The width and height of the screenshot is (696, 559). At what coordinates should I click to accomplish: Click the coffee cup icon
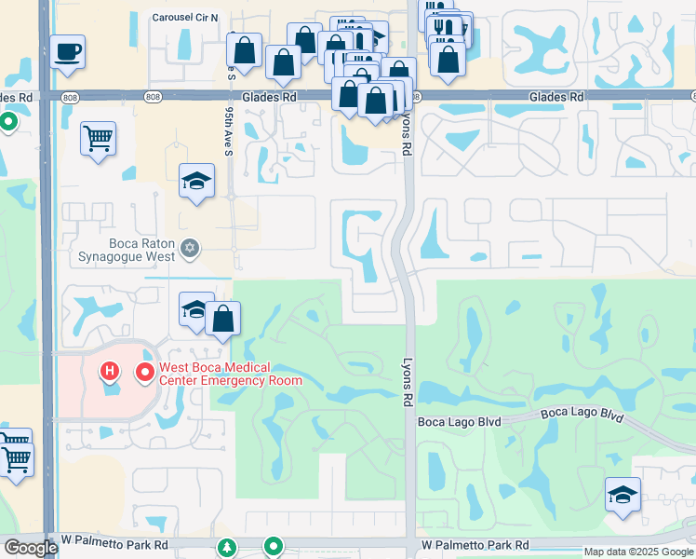(67, 51)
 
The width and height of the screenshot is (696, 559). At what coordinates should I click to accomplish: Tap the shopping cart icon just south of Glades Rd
(98, 139)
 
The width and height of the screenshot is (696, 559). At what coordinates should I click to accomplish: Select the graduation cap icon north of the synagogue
(196, 181)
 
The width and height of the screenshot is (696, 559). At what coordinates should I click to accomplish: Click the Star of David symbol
(190, 248)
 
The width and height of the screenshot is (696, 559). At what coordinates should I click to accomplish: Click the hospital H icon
(110, 374)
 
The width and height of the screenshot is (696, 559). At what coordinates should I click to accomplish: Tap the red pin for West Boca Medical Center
(145, 374)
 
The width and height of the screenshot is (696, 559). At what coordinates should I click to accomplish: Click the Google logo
(30, 548)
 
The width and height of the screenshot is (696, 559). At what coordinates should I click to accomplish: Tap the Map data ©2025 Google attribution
(638, 552)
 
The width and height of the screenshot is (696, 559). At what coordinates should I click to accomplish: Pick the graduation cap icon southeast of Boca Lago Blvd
(622, 494)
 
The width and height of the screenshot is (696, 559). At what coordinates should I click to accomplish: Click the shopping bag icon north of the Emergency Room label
(223, 319)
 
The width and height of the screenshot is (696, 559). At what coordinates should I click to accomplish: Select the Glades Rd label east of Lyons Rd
(556, 97)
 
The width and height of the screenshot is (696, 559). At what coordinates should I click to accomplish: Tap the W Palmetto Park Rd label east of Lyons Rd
(475, 544)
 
